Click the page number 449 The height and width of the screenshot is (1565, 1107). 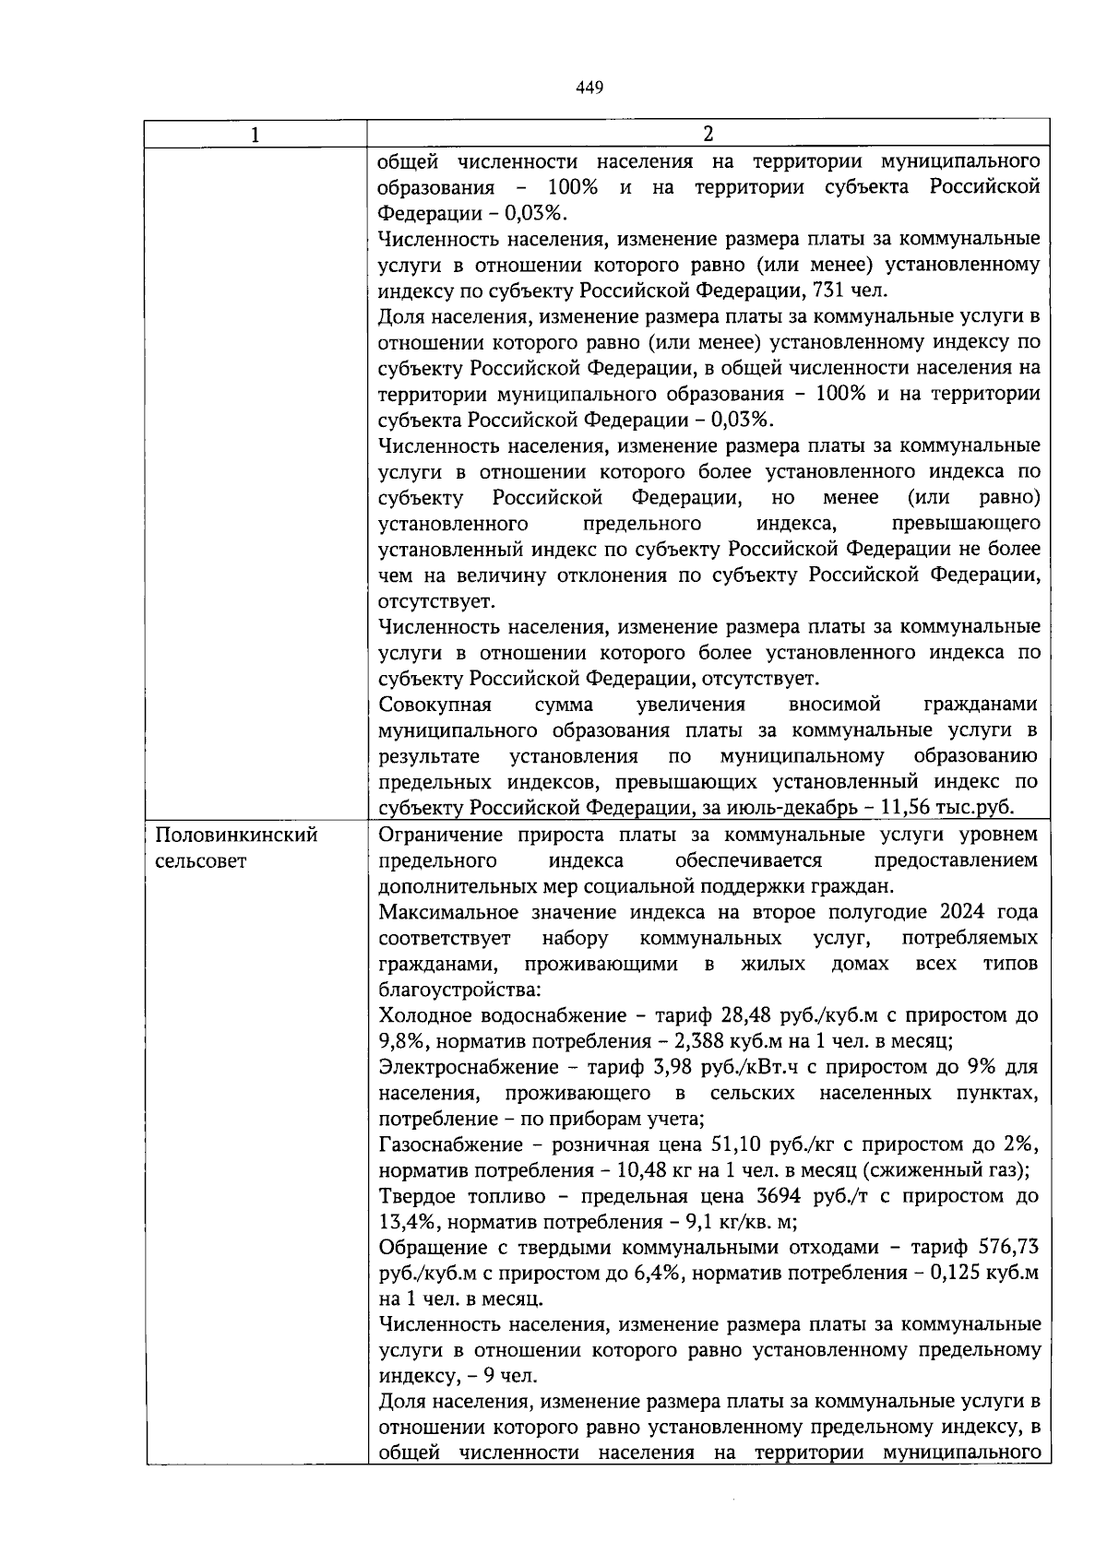589,88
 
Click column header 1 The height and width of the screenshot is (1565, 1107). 256,135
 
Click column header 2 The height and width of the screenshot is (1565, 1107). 708,134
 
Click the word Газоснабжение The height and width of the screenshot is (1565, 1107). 454,1145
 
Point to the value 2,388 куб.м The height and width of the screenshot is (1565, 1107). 653,1042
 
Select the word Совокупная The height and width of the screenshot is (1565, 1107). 435,705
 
